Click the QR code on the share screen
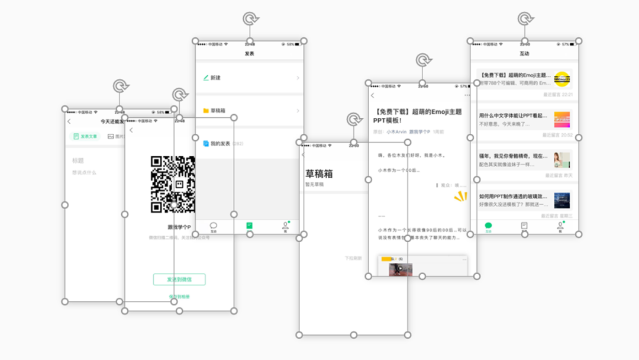pyautogui.click(x=173, y=184)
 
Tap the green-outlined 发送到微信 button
pyautogui.click(x=179, y=279)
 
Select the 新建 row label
pyautogui.click(x=215, y=78)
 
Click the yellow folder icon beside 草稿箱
pyautogui.click(x=206, y=111)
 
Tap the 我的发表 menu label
pyautogui.click(x=220, y=144)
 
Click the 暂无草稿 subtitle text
pyautogui.click(x=314, y=185)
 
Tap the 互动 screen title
pyautogui.click(x=524, y=54)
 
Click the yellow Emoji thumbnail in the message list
pyautogui.click(x=562, y=78)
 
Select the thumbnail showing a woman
pyautogui.click(x=561, y=160)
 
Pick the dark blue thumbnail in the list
pyautogui.click(x=561, y=200)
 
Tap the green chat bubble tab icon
pyautogui.click(x=488, y=226)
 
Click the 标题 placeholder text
pyautogui.click(x=78, y=160)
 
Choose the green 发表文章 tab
pyautogui.click(x=85, y=137)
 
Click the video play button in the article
pyautogui.click(x=399, y=269)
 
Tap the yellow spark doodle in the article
pyautogui.click(x=460, y=197)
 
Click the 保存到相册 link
pyautogui.click(x=179, y=297)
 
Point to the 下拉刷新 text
pyautogui.click(x=353, y=258)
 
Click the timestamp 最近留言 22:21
pyautogui.click(x=558, y=95)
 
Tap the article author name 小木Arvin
pyautogui.click(x=396, y=132)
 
